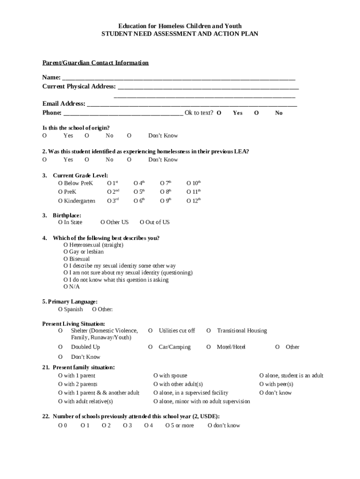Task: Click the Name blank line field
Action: (179, 77)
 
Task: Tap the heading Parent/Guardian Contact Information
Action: (95, 63)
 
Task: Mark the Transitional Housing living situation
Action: (209, 331)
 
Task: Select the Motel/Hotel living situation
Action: (209, 347)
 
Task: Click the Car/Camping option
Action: (150, 347)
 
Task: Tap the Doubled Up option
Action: (60, 347)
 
